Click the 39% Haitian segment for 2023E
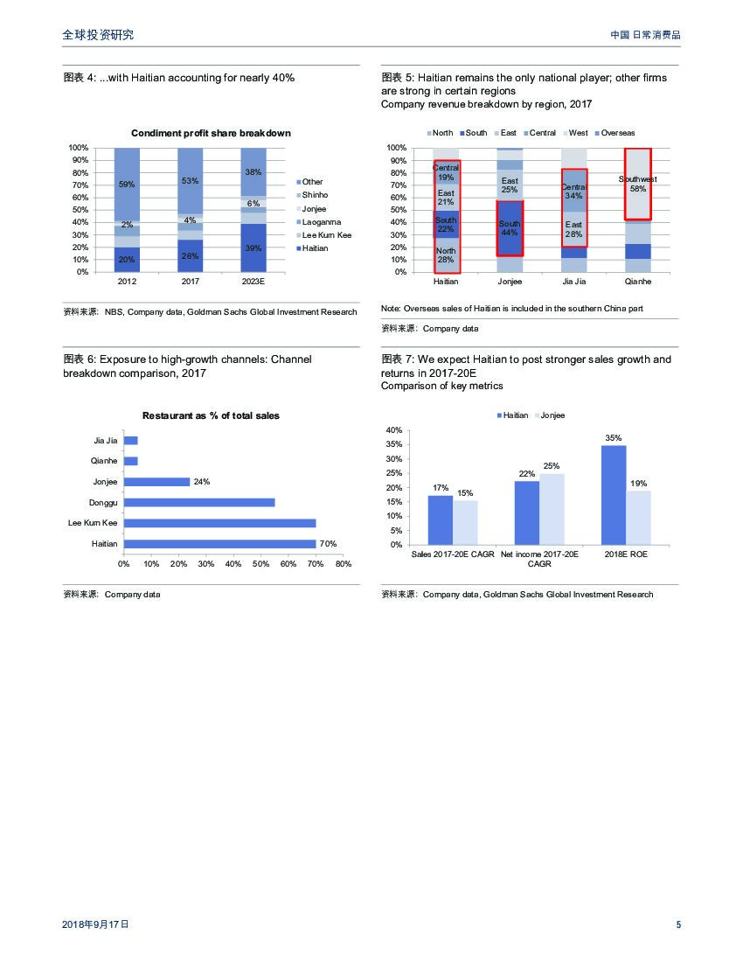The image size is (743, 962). [x=253, y=247]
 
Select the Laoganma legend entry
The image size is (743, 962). [x=321, y=222]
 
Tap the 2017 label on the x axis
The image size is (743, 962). [x=191, y=282]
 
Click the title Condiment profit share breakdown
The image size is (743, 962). [x=211, y=133]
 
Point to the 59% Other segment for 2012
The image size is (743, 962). [x=127, y=185]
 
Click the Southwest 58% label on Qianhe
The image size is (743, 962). [x=637, y=184]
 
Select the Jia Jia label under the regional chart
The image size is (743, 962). [x=573, y=282]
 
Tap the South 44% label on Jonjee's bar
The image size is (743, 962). [x=510, y=228]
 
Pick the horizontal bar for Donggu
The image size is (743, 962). [x=199, y=502]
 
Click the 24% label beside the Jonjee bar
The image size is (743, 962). [x=202, y=482]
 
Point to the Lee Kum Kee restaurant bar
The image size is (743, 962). [x=219, y=523]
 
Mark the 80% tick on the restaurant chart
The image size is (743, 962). [x=344, y=564]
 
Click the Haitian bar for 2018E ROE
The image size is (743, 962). [x=614, y=495]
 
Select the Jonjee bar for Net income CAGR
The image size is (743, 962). [x=552, y=509]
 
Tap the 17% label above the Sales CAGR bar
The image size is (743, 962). [x=441, y=488]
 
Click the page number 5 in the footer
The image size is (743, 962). [x=678, y=924]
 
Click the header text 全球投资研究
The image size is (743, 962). [x=98, y=35]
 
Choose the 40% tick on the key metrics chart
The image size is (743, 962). [x=394, y=430]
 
